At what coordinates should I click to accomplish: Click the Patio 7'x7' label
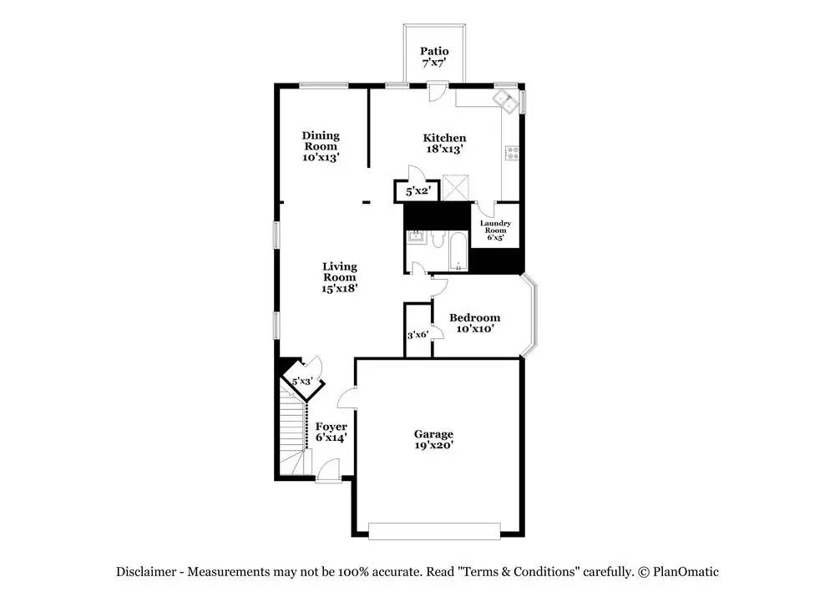coord(434,57)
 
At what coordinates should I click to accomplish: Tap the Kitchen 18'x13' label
coord(444,144)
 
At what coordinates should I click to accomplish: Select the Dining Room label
coord(321,140)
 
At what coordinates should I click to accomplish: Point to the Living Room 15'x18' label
coord(340,277)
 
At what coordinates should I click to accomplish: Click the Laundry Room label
coord(495,227)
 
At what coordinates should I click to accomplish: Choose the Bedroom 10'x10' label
coord(474,323)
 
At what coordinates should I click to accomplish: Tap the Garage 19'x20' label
coord(433,440)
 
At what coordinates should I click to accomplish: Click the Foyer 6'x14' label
coord(331,432)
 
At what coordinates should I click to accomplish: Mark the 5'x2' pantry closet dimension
coord(417,190)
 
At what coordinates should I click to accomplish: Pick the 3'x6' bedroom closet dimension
coord(418,335)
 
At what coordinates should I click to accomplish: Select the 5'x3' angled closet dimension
coord(302,382)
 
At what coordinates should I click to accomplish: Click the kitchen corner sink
coord(505,101)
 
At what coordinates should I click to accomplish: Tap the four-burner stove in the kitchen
coord(513,154)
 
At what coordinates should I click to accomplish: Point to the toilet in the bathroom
coord(438,239)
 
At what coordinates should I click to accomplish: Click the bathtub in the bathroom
coord(458,250)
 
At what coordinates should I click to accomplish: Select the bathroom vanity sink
coord(415,236)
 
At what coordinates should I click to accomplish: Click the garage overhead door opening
coord(434,531)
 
